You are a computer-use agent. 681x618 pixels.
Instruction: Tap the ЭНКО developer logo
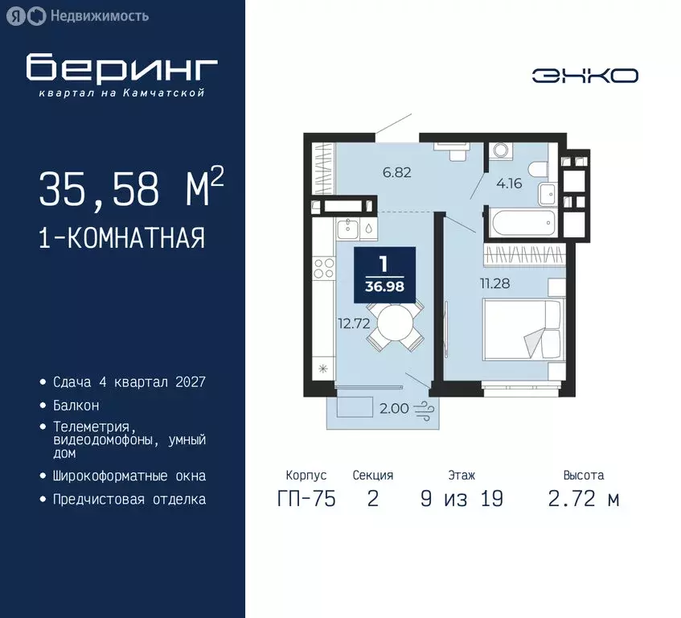click(585, 76)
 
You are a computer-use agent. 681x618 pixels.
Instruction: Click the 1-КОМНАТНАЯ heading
click(121, 238)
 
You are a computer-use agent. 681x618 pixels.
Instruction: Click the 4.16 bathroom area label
click(509, 183)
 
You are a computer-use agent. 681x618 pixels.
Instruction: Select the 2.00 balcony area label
click(393, 408)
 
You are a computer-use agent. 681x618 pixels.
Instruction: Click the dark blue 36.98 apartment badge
click(384, 274)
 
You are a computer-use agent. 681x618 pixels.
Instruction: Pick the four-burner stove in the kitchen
click(323, 268)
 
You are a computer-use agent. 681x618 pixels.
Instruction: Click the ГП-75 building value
click(306, 499)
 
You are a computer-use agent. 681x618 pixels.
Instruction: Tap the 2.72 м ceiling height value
click(584, 499)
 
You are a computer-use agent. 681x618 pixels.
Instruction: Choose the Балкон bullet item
click(76, 406)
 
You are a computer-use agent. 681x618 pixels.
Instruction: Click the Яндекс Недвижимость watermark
click(80, 15)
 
